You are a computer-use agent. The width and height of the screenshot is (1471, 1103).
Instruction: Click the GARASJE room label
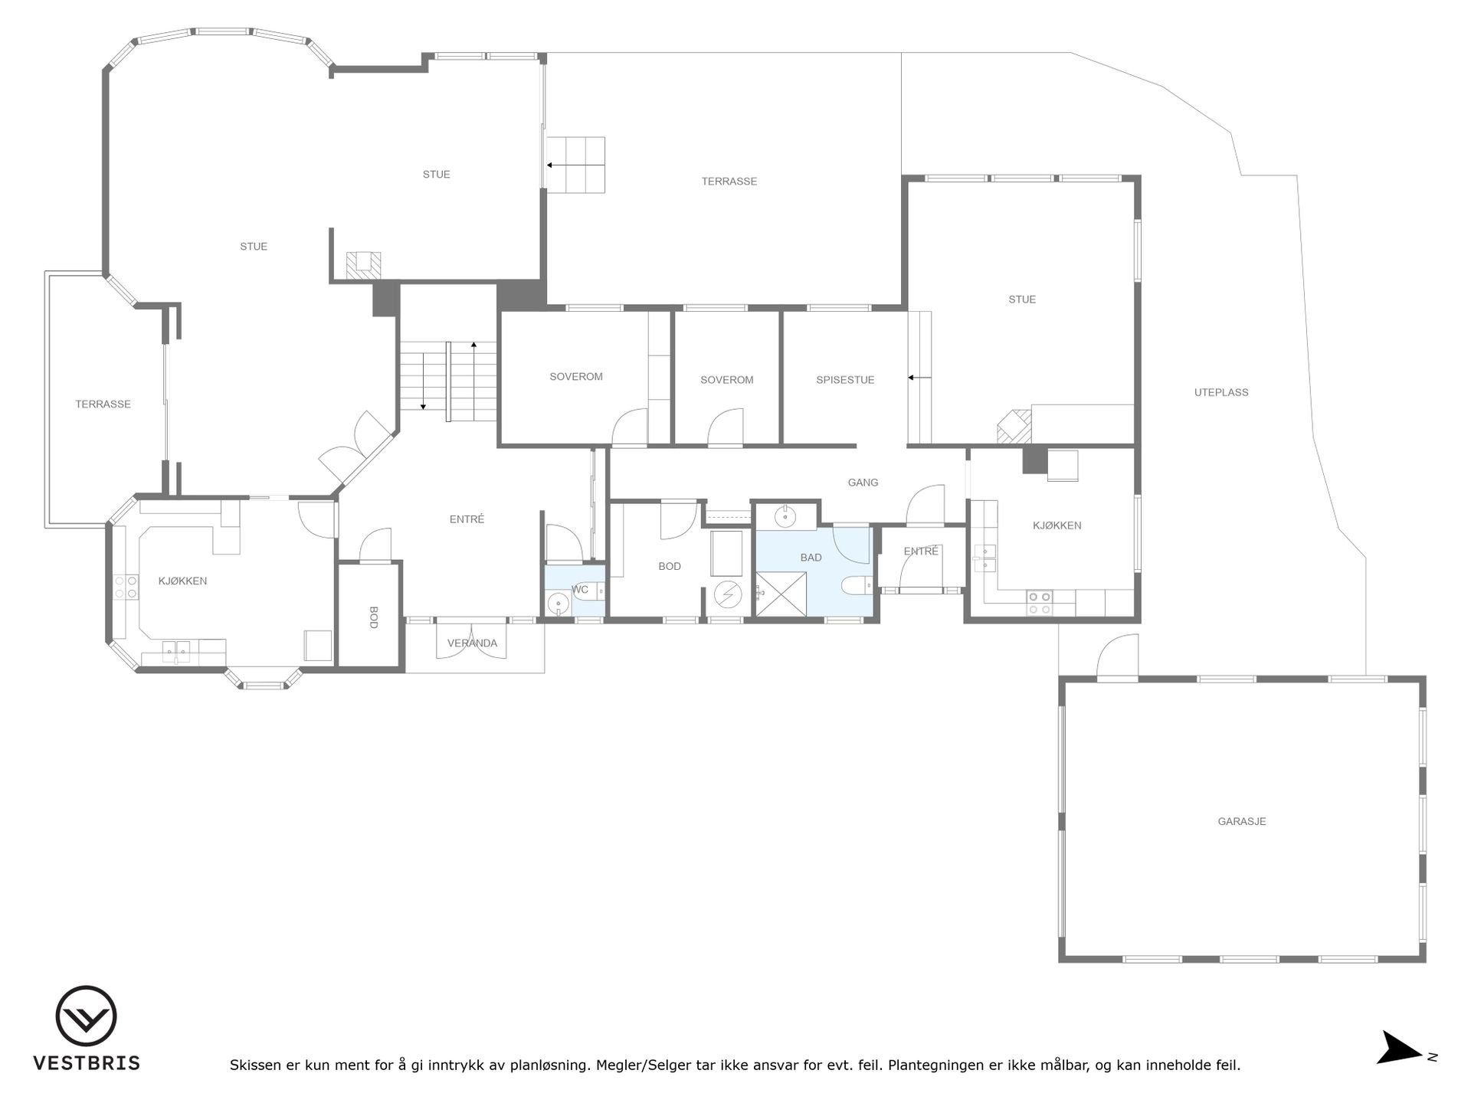(1242, 822)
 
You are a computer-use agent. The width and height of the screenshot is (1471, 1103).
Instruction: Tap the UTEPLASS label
(1221, 393)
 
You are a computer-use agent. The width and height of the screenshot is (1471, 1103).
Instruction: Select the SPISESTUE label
(845, 380)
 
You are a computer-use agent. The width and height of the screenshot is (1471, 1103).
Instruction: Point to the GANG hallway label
(863, 483)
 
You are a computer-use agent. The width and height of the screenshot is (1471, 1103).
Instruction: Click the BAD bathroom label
(811, 558)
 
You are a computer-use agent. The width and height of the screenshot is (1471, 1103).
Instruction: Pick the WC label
(580, 590)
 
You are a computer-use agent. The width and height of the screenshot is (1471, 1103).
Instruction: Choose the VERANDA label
(473, 643)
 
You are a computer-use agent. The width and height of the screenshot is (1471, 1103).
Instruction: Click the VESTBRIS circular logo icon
(87, 1016)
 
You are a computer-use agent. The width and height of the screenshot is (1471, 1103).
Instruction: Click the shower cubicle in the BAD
(781, 594)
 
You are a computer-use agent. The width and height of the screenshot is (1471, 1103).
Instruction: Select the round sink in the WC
(559, 605)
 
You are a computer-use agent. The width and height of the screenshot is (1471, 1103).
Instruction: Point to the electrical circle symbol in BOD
(728, 594)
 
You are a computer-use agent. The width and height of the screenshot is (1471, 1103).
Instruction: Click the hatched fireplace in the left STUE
(363, 265)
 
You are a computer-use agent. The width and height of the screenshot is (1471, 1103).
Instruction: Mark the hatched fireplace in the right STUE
(1014, 427)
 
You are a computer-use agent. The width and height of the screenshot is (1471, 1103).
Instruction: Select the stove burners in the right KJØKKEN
(1040, 603)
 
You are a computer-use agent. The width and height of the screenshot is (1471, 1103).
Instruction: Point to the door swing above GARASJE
(1118, 659)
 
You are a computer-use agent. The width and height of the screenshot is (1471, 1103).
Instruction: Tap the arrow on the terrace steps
(575, 165)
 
